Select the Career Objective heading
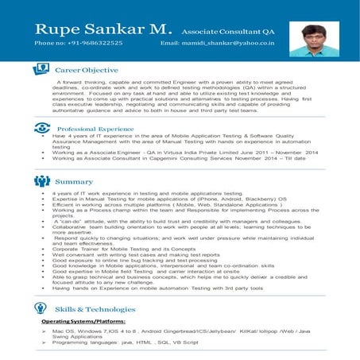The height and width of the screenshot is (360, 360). coord(87,70)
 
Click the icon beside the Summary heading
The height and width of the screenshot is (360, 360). coord(42,180)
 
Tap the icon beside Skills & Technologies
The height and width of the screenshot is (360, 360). coord(42,307)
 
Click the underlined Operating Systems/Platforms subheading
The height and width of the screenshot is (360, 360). coord(83,320)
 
